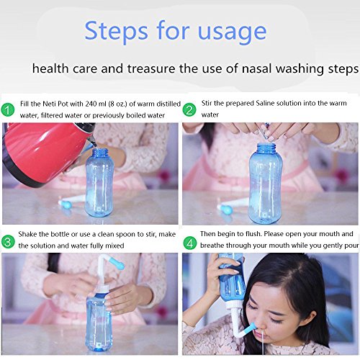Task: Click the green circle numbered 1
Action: (8, 110)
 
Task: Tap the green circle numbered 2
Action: (189, 110)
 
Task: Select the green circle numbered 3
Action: (8, 242)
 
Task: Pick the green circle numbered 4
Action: (190, 243)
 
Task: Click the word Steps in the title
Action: (116, 32)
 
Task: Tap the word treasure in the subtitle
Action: (151, 68)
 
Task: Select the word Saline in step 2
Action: (265, 103)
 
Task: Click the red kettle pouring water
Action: (45, 153)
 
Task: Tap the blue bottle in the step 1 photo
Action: (99, 182)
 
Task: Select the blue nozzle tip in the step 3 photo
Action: (117, 265)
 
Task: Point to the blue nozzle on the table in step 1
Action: (66, 204)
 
